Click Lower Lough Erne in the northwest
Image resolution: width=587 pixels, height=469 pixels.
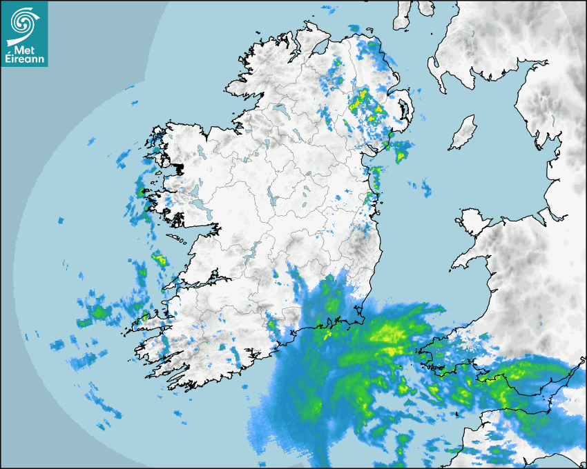point(280,110)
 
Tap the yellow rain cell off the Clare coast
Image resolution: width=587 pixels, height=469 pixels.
point(160,260)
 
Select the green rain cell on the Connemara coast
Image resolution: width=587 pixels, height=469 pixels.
point(144,191)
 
